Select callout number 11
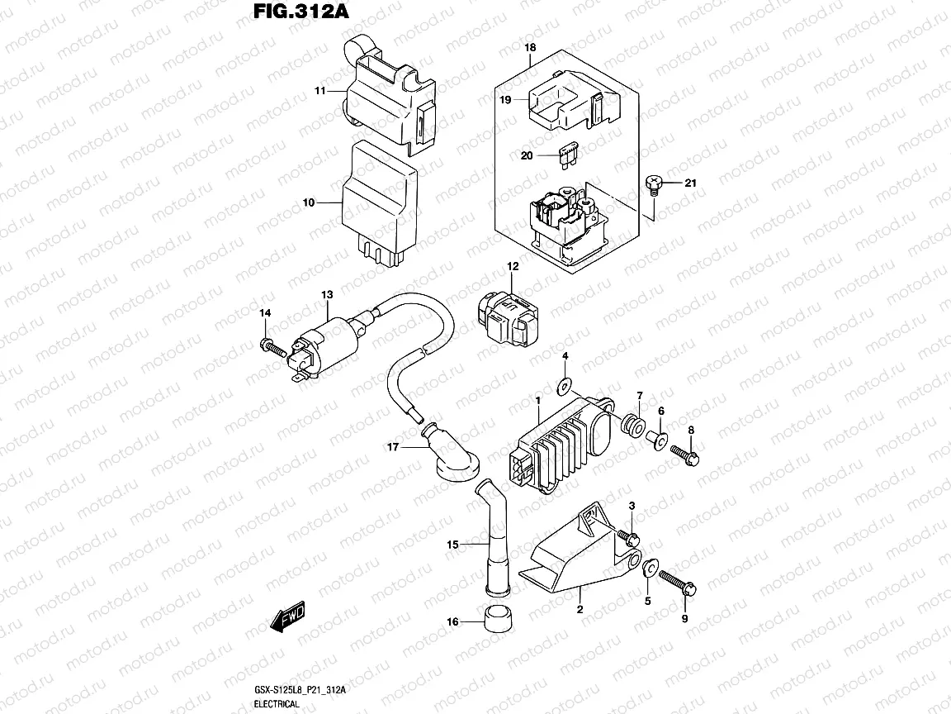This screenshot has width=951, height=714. click(319, 90)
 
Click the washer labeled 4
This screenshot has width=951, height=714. click(565, 385)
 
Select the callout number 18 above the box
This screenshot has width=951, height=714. click(530, 48)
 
